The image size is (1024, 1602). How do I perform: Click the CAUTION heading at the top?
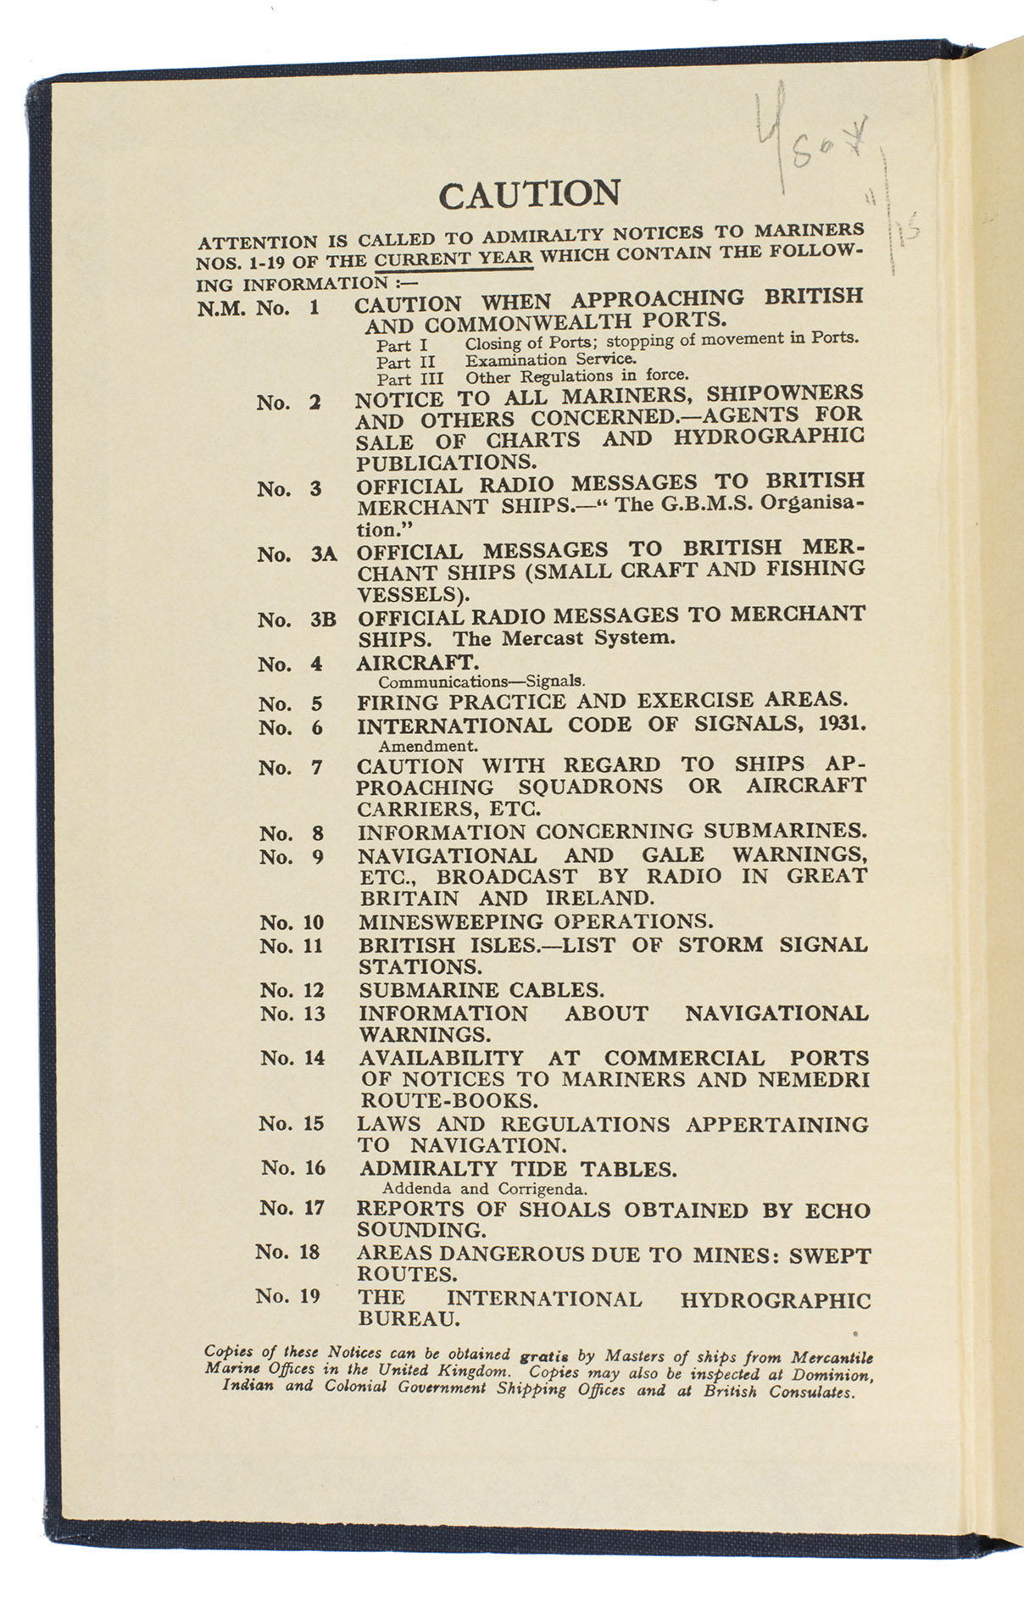[x=529, y=194]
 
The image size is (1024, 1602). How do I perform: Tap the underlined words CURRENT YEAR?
[x=454, y=259]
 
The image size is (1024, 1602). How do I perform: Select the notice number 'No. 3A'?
[x=297, y=554]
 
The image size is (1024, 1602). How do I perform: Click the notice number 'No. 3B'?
[x=297, y=620]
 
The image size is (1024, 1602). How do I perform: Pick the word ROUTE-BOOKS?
[x=448, y=1101]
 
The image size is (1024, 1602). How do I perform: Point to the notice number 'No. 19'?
[x=287, y=1296]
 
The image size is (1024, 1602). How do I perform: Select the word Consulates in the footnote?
[x=811, y=1392]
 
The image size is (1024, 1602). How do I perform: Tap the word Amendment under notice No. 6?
[x=428, y=747]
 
